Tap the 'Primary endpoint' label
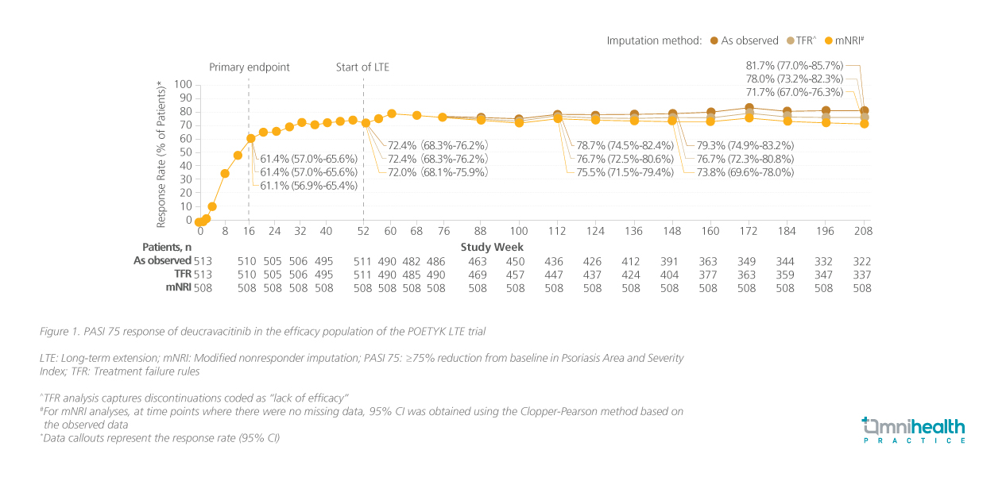pyautogui.click(x=250, y=67)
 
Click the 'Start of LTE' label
pyautogui.click(x=362, y=67)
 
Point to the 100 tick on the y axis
pyautogui.click(x=183, y=84)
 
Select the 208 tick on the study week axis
pyautogui.click(x=863, y=231)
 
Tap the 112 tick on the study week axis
pyautogui.click(x=556, y=231)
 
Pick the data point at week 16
pyautogui.click(x=250, y=138)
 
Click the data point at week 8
pyautogui.click(x=225, y=174)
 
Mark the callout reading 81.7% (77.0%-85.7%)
pyautogui.click(x=794, y=65)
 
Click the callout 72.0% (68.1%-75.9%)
pyautogui.click(x=437, y=172)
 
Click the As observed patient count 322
pyautogui.click(x=862, y=260)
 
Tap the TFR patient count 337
pyautogui.click(x=862, y=274)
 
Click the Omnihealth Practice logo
pyautogui.click(x=914, y=429)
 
